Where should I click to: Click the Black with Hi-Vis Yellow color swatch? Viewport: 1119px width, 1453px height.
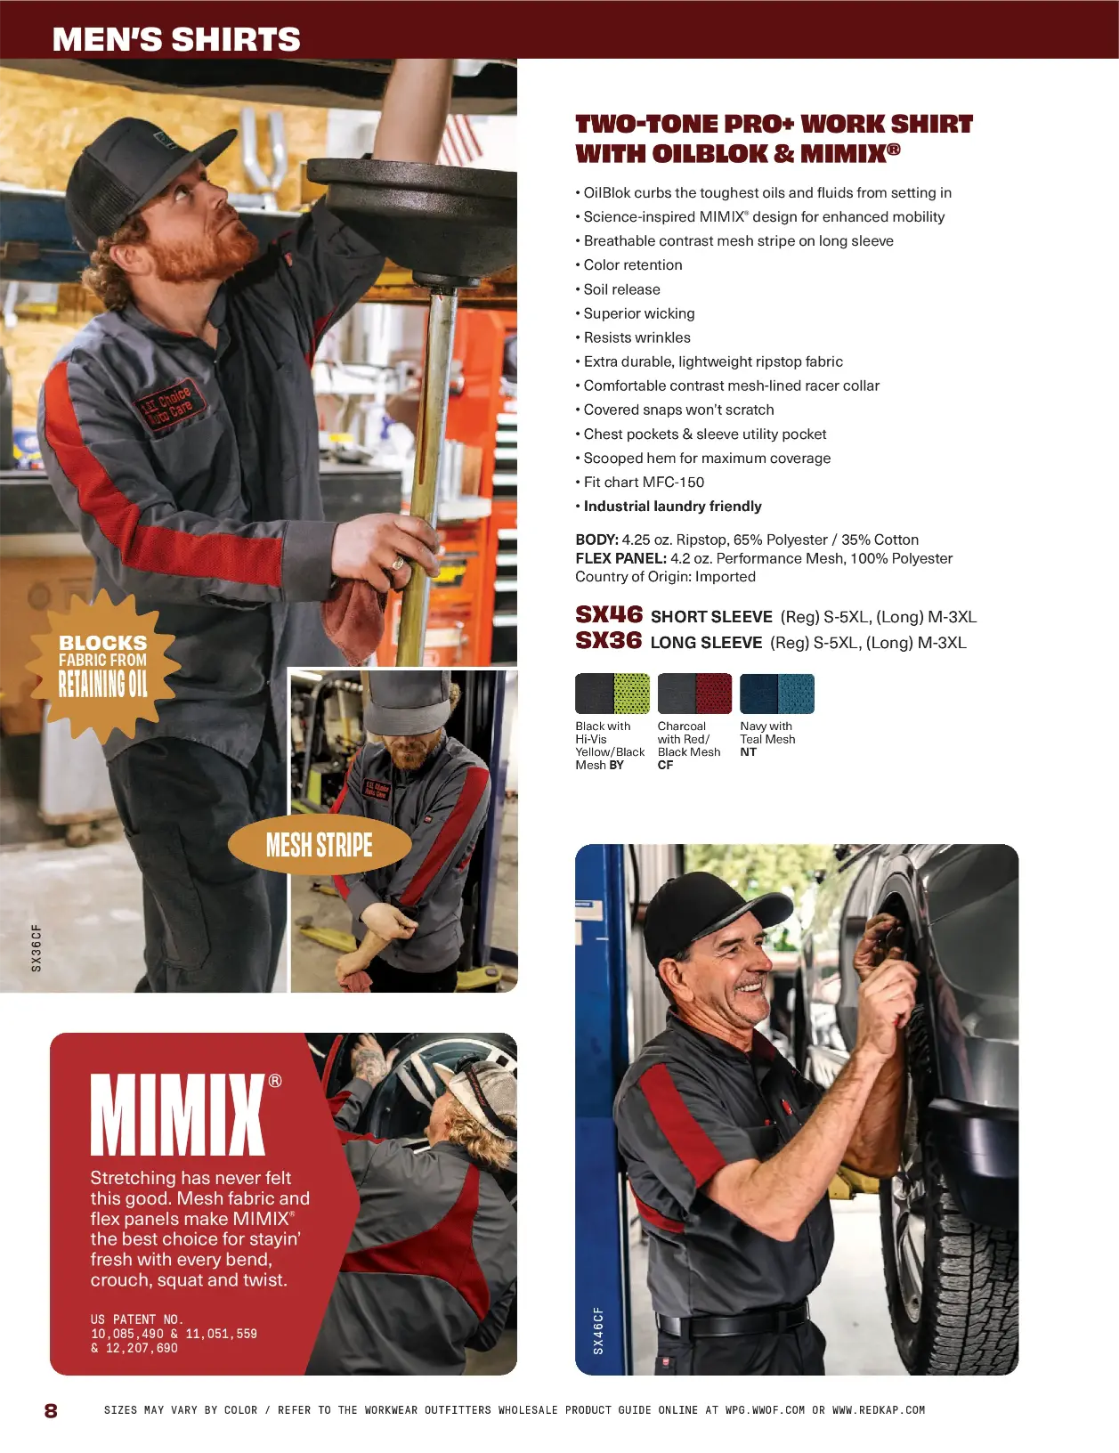tap(612, 694)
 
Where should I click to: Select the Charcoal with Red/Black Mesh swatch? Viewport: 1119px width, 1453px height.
tap(694, 694)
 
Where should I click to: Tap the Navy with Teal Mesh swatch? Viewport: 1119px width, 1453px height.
tap(777, 694)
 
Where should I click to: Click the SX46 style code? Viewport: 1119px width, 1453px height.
tap(609, 614)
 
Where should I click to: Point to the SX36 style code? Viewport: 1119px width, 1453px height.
tap(608, 640)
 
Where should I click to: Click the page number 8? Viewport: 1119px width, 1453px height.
tap(51, 1410)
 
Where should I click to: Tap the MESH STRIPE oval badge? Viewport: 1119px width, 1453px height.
tap(320, 845)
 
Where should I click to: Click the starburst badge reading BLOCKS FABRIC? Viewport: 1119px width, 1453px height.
tap(103, 666)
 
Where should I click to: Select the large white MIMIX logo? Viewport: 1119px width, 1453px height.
tap(178, 1115)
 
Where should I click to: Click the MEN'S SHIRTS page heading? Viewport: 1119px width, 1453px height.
tap(176, 39)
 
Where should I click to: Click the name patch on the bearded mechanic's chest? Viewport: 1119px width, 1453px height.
tap(171, 406)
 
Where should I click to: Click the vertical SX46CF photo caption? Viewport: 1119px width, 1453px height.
tap(598, 1331)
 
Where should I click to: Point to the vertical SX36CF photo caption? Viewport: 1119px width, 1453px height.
tap(36, 948)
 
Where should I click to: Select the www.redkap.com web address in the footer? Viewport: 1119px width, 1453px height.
tap(879, 1410)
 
